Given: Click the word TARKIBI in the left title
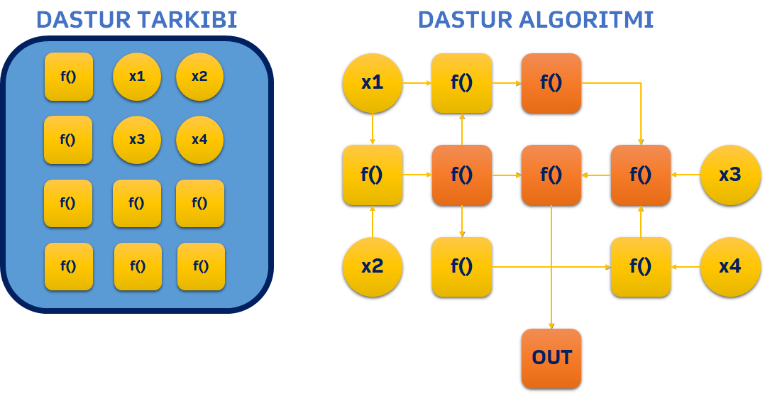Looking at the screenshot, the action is tap(187, 20).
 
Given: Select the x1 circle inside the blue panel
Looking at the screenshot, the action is tap(137, 77).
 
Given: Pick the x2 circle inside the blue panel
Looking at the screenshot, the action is tap(199, 77).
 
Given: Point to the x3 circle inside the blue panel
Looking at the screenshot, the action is tap(137, 140).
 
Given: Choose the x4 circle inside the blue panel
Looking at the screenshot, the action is tap(199, 140).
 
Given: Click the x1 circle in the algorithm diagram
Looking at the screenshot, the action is tap(373, 83).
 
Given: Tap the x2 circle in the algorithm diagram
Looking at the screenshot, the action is tap(373, 267).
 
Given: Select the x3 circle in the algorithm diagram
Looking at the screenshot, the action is tap(730, 175).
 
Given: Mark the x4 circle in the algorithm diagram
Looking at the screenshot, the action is tap(730, 267).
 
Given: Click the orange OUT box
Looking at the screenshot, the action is tap(551, 359).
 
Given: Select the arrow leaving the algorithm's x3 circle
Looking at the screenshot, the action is tap(686, 175).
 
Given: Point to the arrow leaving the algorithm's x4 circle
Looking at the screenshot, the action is tap(686, 267).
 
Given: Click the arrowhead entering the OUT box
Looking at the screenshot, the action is tap(551, 326).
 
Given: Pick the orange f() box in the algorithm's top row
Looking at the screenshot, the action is tap(551, 83).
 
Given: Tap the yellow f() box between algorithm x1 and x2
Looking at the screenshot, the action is tap(373, 175).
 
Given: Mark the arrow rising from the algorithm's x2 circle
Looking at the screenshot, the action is tap(373, 221).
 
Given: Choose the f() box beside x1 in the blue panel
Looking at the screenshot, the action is tap(69, 77).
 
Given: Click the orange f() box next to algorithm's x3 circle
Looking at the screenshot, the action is tap(641, 175).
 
